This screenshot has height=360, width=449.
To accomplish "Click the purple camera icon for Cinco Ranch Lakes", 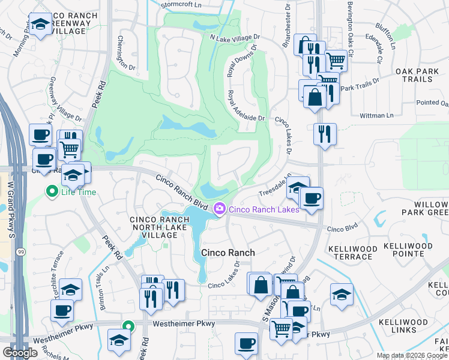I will pyautogui.click(x=220, y=209).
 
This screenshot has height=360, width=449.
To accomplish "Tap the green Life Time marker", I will pyautogui.click(x=52, y=193).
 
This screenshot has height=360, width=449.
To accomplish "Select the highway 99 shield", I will pyautogui.click(x=20, y=251).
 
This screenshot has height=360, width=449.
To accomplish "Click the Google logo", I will pyautogui.click(x=20, y=353).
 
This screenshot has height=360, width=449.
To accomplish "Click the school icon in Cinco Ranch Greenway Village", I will pyautogui.click(x=40, y=24).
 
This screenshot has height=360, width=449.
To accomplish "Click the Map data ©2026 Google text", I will pyautogui.click(x=412, y=355).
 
